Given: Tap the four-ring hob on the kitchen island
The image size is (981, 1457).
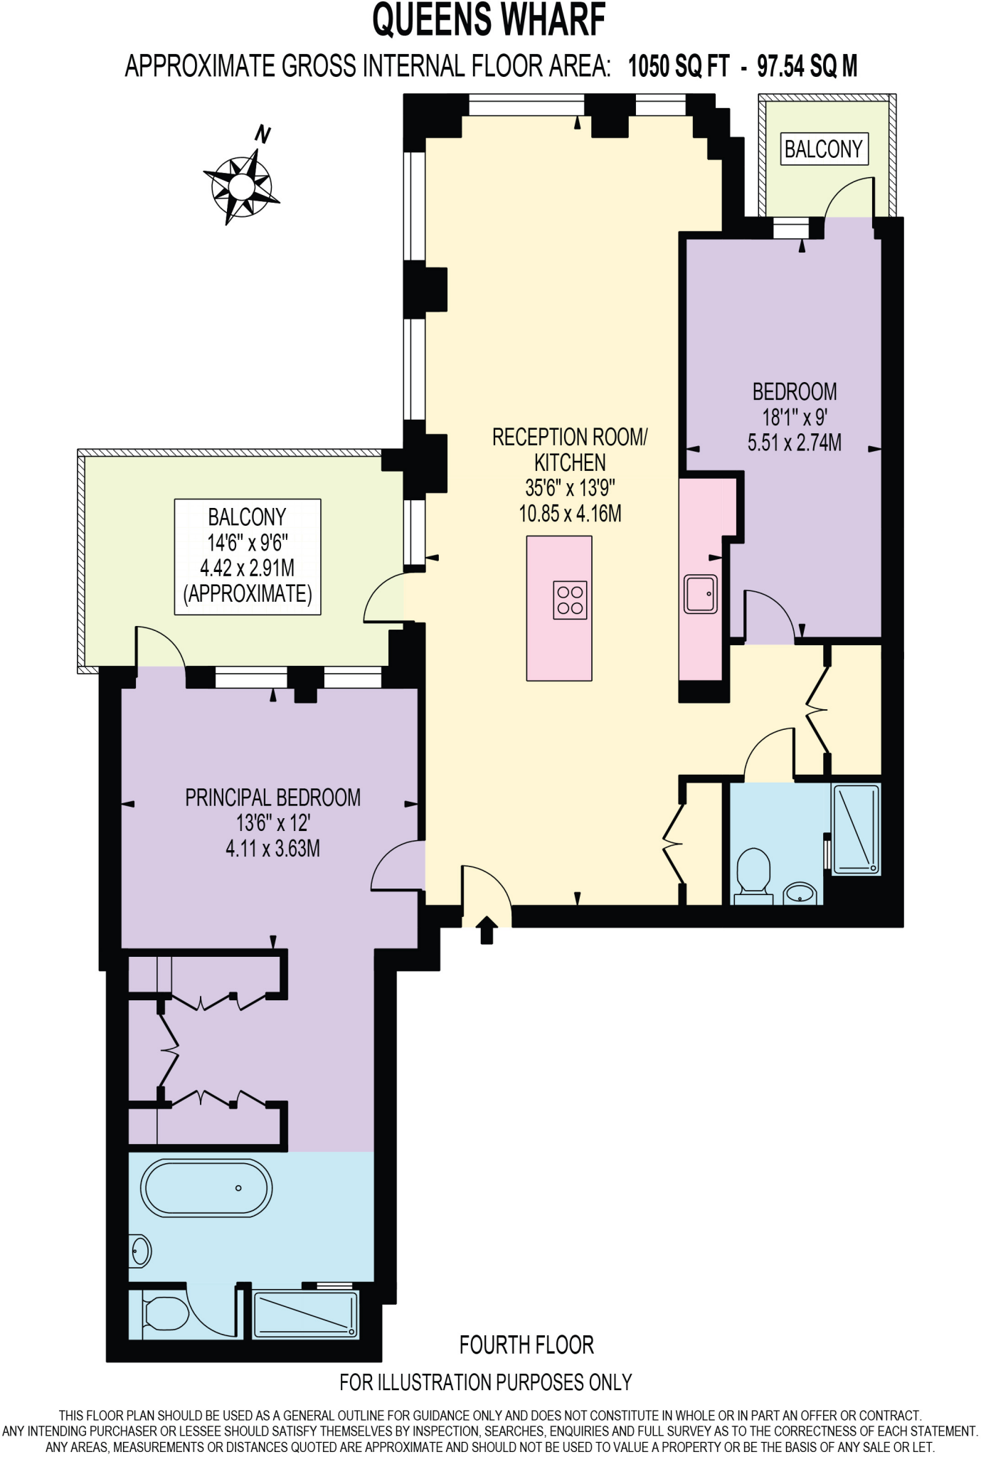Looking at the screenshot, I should tap(570, 600).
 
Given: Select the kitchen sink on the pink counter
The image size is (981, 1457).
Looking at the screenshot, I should tap(700, 593).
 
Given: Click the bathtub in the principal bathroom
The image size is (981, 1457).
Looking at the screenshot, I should tap(206, 1188).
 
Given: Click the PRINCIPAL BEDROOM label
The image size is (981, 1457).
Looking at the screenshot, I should tap(272, 798).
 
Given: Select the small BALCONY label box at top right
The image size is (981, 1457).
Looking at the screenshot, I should tap(824, 149).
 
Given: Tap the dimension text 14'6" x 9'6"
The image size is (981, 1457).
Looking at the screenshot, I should tap(248, 543).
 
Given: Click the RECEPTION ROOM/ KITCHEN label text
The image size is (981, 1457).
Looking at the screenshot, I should tap(570, 450).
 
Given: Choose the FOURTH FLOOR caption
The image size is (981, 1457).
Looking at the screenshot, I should tap(526, 1345).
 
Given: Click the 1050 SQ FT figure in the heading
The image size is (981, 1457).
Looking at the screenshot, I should tap(679, 66).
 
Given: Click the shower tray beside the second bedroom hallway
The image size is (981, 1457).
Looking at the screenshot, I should tap(857, 829).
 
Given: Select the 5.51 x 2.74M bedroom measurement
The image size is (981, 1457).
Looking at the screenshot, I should tap(794, 443).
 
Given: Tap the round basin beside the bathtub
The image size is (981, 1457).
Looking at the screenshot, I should tap(141, 1251).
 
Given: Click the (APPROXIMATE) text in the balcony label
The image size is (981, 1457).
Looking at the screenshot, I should tap(248, 593).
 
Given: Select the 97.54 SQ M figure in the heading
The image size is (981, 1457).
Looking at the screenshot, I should tap(807, 66).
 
